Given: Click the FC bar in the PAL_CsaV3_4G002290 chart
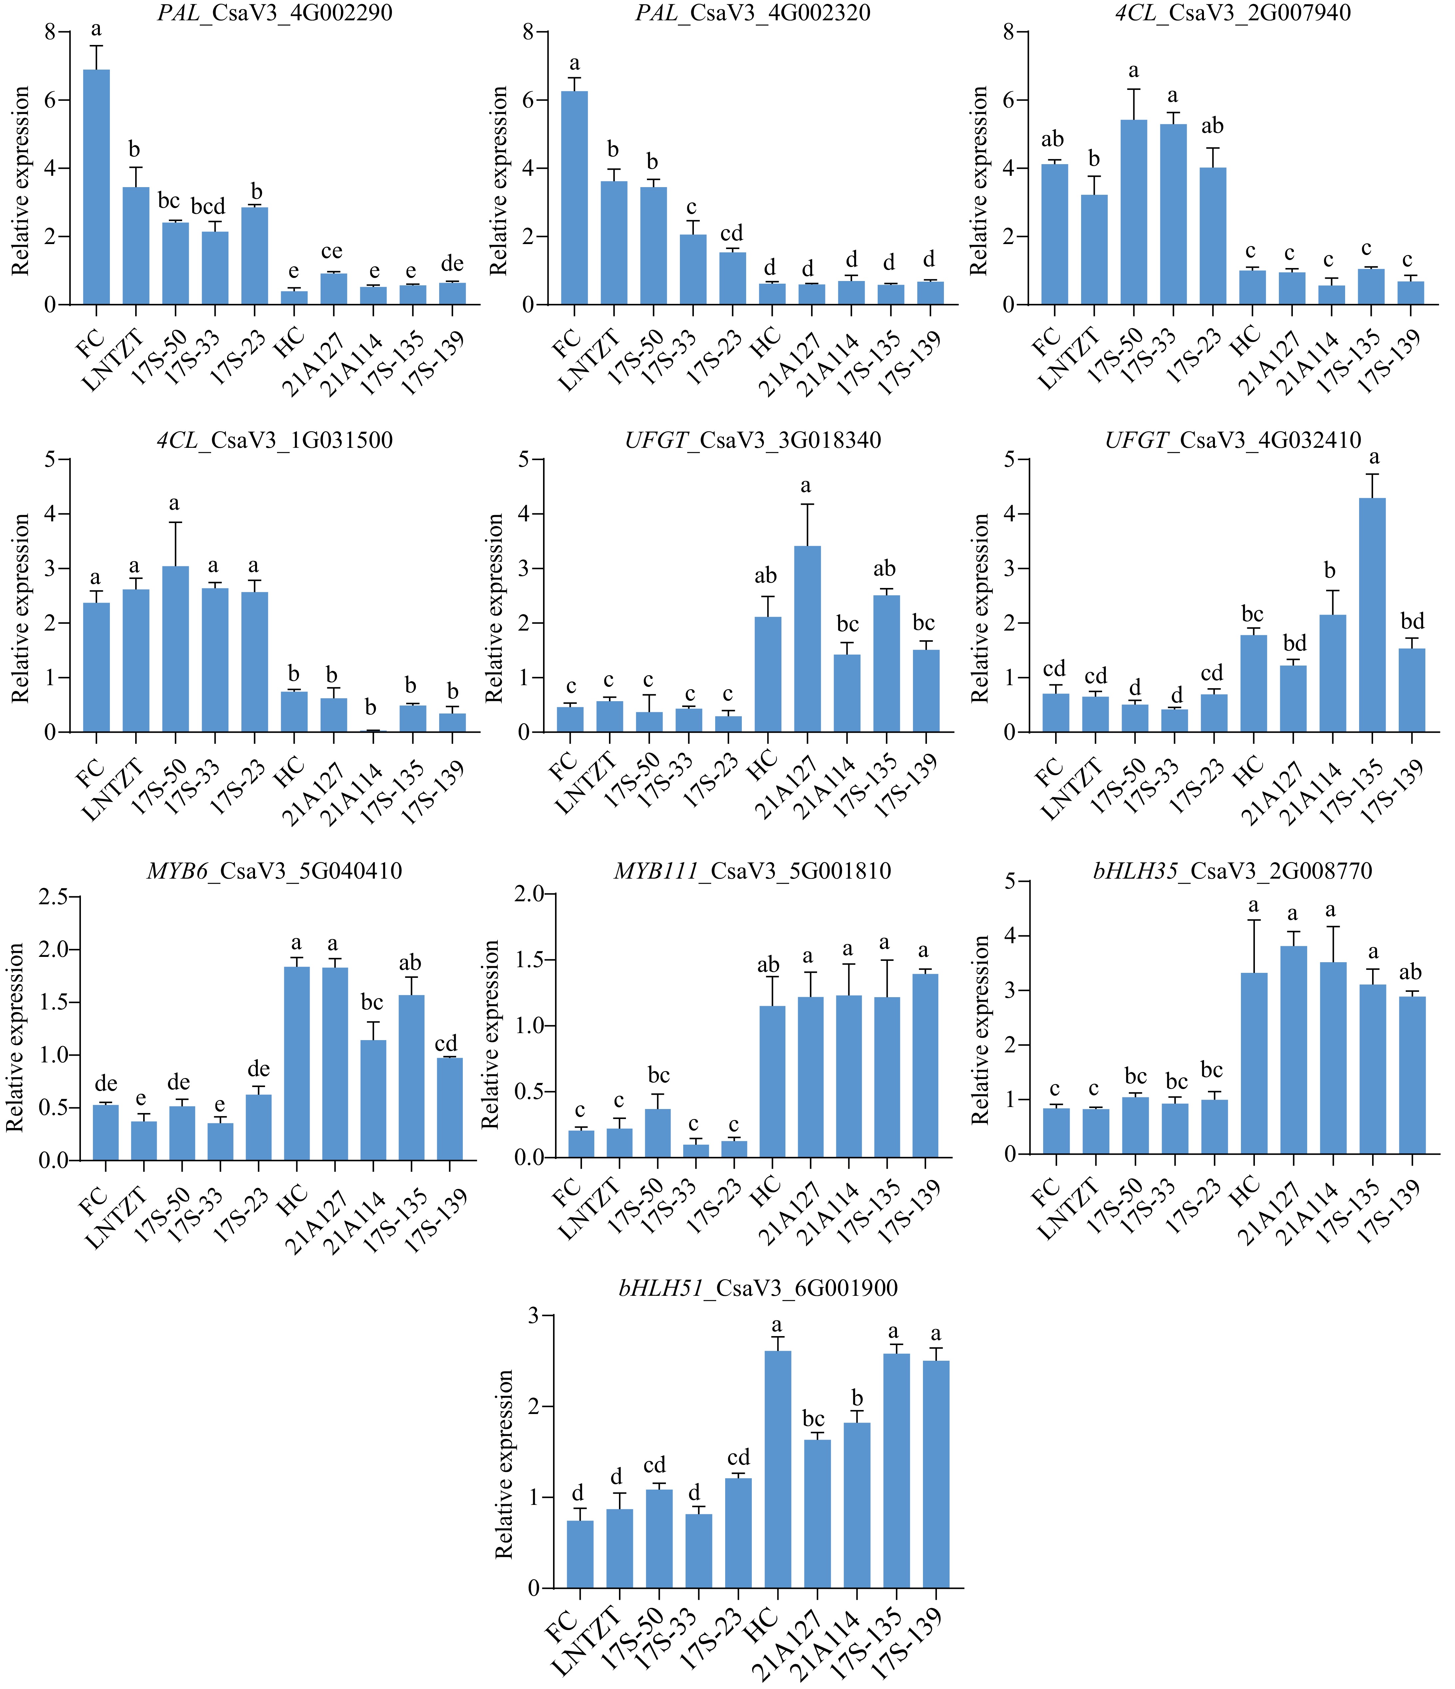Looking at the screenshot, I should (x=96, y=187).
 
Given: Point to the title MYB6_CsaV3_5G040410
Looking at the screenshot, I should (x=275, y=871).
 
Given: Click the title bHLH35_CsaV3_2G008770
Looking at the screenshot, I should (x=1233, y=871).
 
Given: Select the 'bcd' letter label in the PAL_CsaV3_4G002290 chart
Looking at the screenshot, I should (x=208, y=206).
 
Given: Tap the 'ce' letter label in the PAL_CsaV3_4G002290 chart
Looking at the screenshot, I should (x=332, y=251).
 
